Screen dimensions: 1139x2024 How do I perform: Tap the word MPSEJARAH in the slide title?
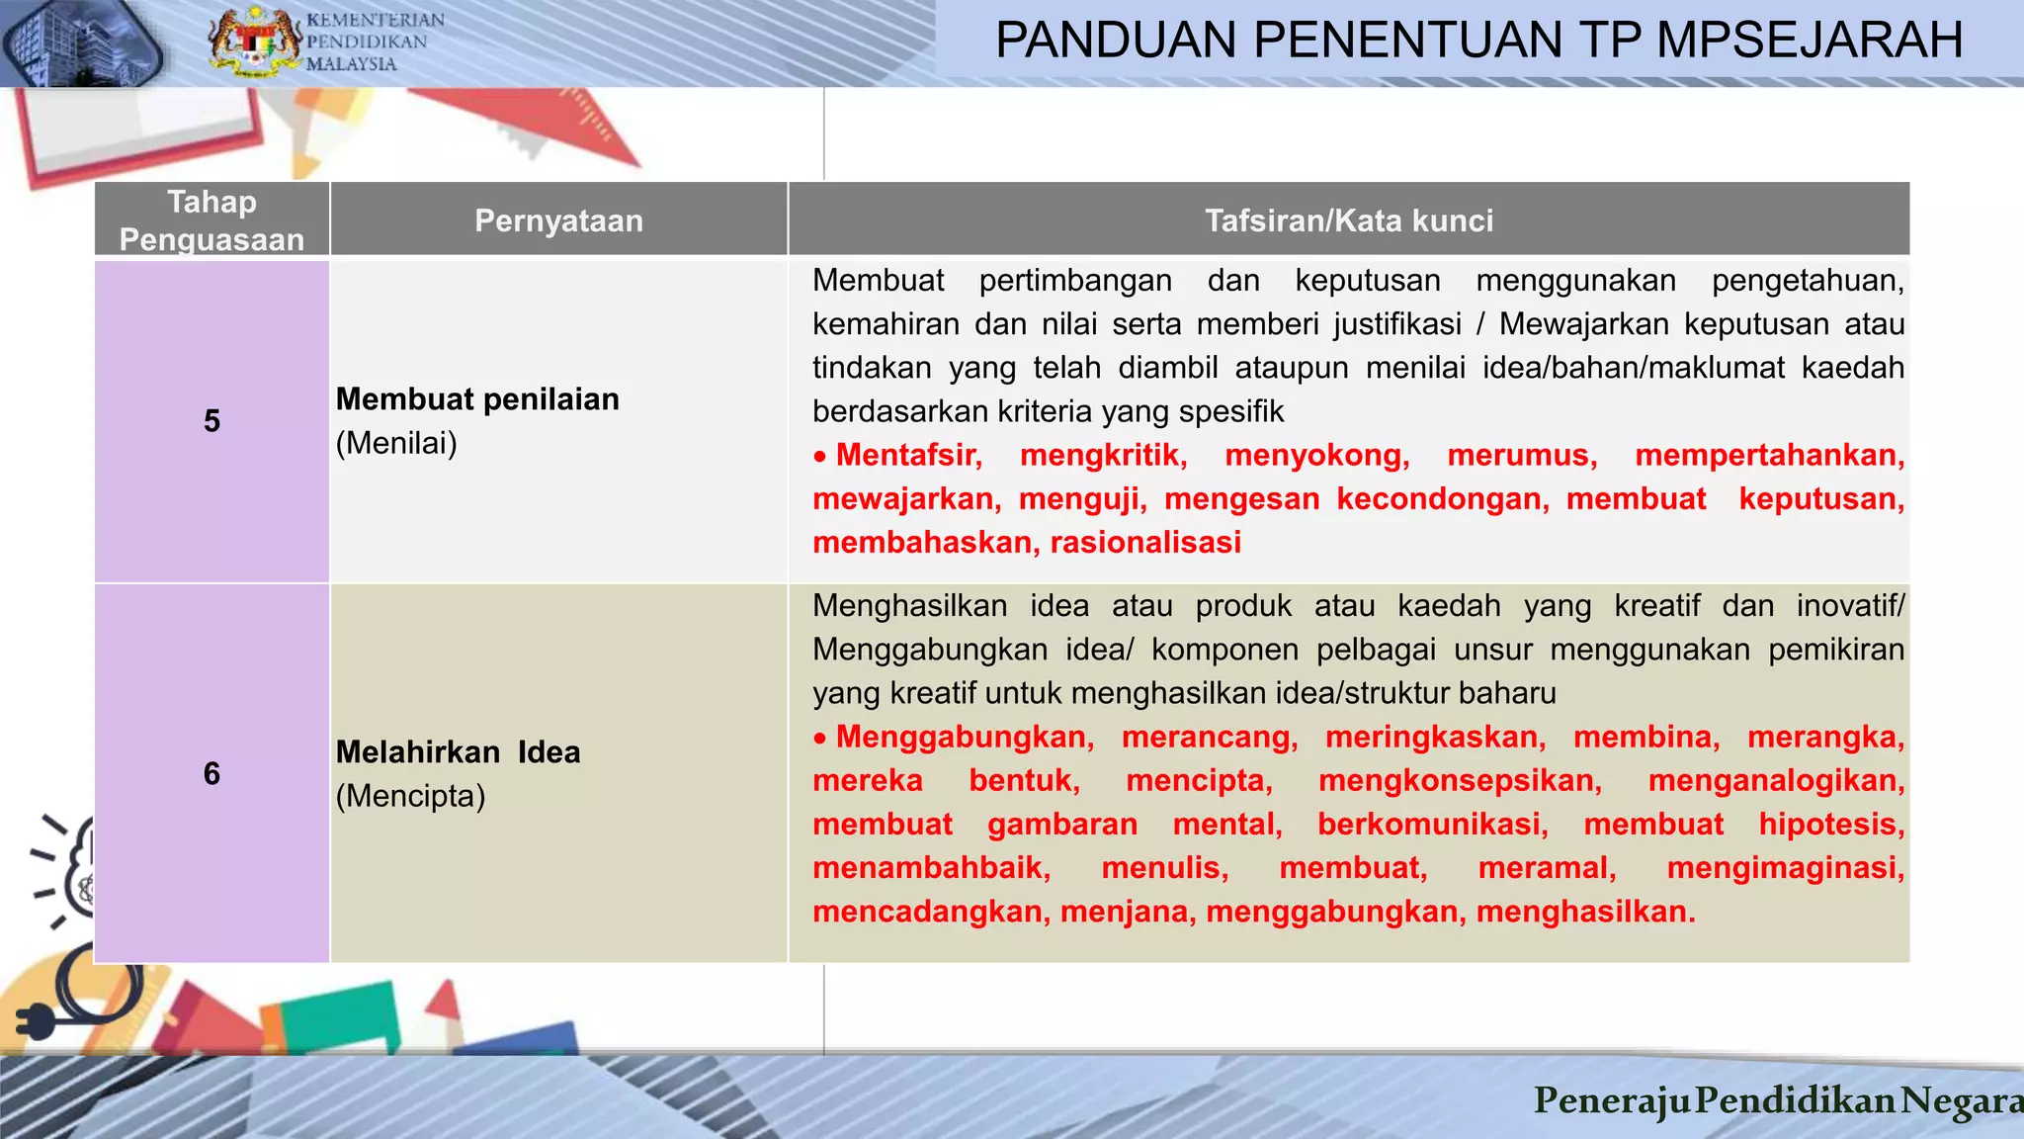[1810, 41]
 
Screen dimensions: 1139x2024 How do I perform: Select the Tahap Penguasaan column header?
[211, 220]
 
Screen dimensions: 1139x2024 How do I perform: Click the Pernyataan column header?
[558, 220]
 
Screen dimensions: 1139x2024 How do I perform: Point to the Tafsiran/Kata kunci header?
[1349, 220]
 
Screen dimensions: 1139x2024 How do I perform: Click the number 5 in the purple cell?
[211, 421]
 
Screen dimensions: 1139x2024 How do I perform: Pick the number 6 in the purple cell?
[211, 773]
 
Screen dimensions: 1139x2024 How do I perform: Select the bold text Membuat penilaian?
[477, 399]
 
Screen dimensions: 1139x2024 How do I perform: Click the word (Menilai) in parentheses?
[396, 443]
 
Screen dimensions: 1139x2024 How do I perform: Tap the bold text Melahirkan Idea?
[458, 752]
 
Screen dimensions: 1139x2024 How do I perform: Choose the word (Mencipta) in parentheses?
[410, 796]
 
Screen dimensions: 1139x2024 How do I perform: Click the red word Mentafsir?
[908, 455]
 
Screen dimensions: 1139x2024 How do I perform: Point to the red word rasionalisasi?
[1145, 543]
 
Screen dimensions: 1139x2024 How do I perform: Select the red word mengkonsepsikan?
[1460, 781]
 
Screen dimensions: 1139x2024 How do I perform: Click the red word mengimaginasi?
[1785, 868]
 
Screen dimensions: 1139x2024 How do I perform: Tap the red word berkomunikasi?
[1432, 825]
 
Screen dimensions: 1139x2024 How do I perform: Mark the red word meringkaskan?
[1435, 738]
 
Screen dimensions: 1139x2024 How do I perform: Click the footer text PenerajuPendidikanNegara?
[1778, 1100]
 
